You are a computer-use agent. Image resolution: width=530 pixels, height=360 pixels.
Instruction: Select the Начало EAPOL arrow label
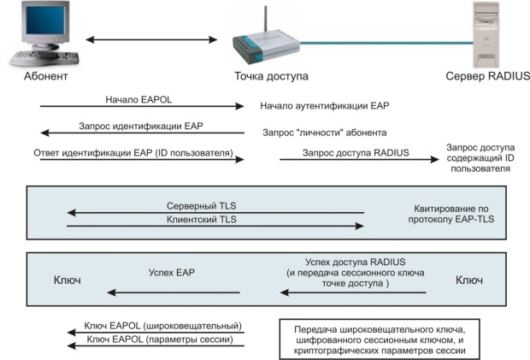tap(139, 99)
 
